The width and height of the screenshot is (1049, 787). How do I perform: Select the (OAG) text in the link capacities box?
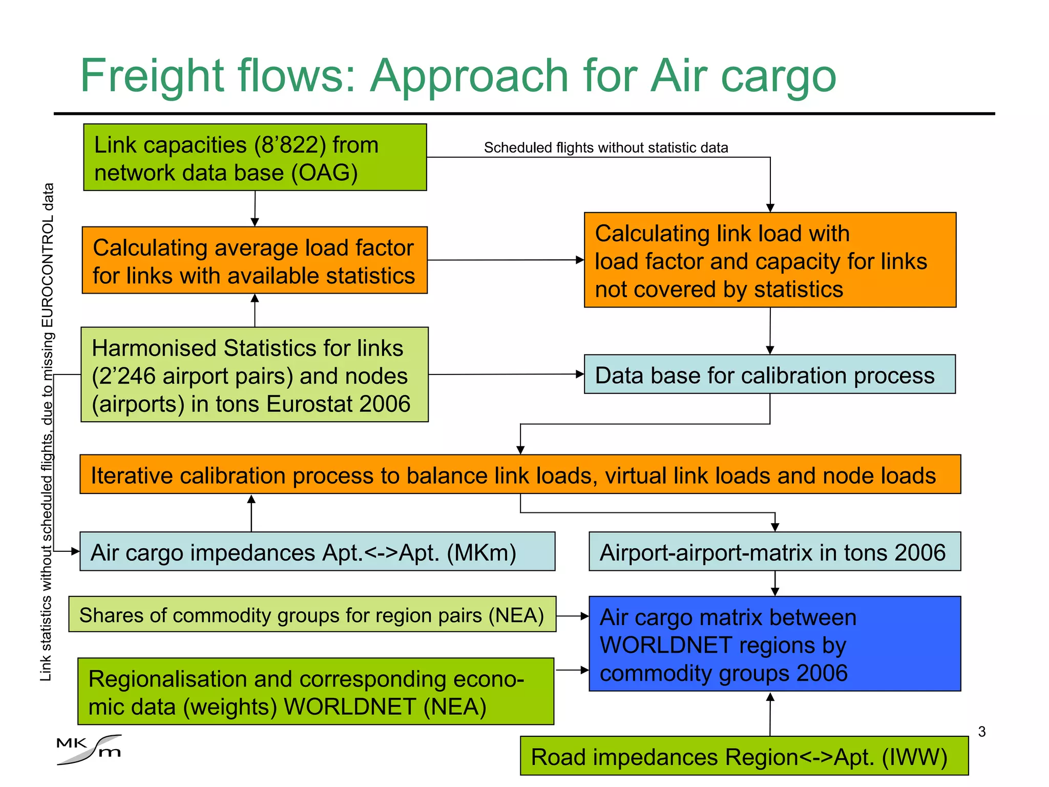(x=325, y=173)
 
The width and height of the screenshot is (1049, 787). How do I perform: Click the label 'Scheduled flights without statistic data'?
(x=605, y=148)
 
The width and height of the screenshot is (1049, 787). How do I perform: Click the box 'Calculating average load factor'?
(x=255, y=260)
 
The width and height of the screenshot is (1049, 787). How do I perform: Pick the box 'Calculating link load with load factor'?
(x=770, y=260)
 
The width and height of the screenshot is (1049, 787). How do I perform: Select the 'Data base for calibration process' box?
(x=769, y=375)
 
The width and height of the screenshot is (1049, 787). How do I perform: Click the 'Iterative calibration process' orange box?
(x=520, y=474)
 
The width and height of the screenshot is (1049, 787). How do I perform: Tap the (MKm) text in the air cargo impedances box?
(x=481, y=552)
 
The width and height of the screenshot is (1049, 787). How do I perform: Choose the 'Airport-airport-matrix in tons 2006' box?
(x=774, y=552)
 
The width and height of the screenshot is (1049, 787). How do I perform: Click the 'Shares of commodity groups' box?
(x=312, y=614)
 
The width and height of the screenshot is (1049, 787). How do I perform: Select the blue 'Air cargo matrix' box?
(x=774, y=644)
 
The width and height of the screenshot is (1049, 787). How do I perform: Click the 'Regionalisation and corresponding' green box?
(x=316, y=692)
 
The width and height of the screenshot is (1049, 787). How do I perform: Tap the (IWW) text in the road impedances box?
(x=915, y=757)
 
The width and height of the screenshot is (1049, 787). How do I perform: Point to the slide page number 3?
(x=981, y=732)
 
